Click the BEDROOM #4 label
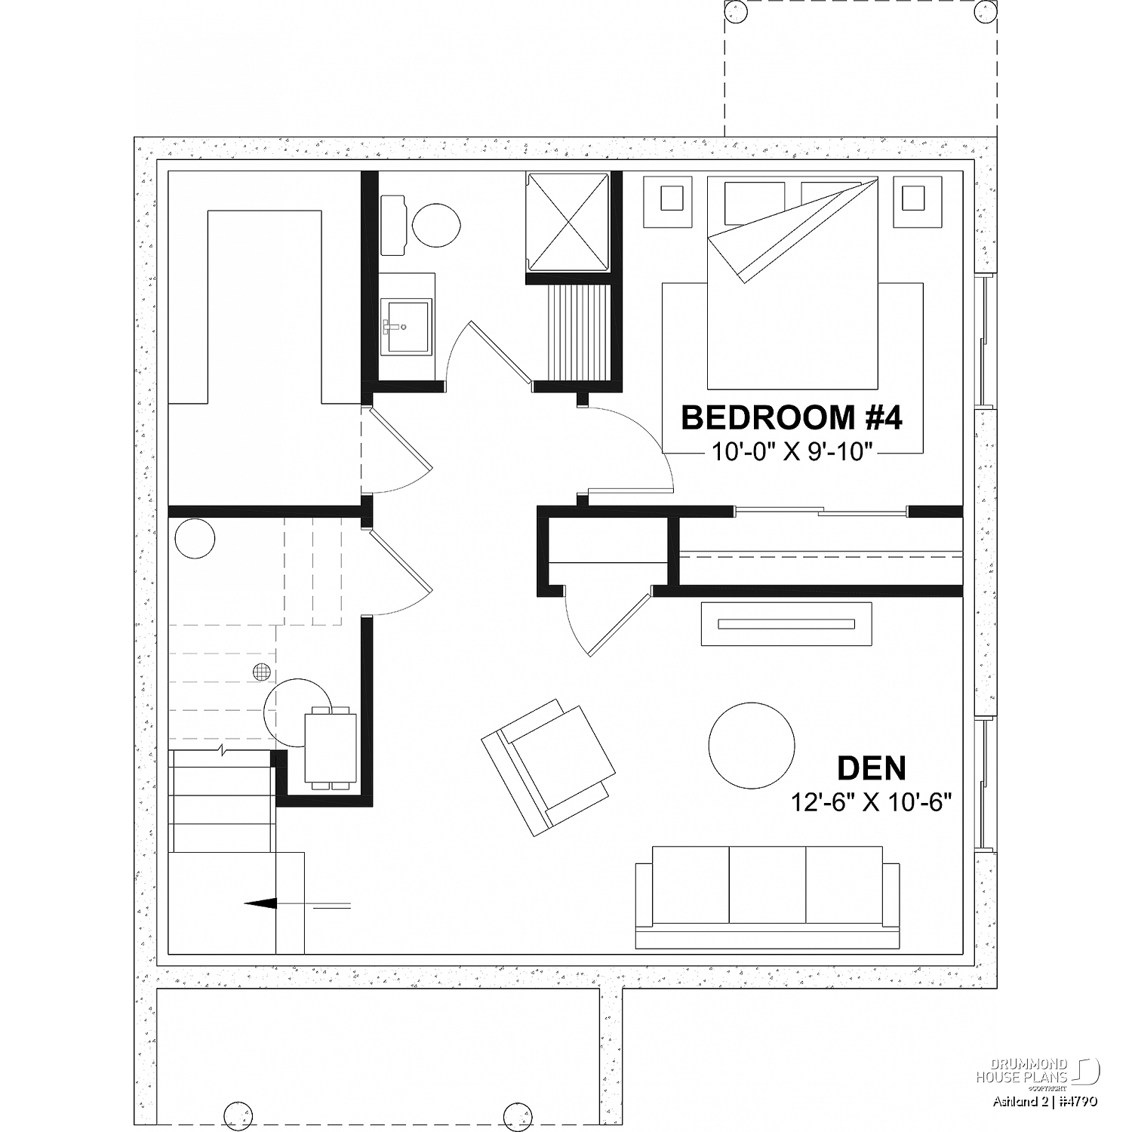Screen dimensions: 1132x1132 pos(792,417)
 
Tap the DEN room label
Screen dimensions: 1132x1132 pos(872,768)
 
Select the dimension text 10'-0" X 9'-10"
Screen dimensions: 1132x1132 pos(792,452)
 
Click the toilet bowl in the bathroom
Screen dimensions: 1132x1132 pos(436,224)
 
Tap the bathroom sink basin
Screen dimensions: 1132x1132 pos(407,326)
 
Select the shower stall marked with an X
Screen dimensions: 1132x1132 pos(568,221)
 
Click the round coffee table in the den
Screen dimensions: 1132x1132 pos(752,743)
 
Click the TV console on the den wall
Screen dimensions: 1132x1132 pos(786,624)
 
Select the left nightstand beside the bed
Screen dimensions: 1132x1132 pos(667,201)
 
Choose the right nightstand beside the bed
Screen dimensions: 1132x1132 pos(916,201)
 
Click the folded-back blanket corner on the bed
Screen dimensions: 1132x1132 pos(792,230)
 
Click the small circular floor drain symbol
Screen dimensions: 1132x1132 pos(262,671)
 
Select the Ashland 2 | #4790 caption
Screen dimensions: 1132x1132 pos(1044,1101)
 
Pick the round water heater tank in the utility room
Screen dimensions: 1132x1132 pos(195,539)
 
